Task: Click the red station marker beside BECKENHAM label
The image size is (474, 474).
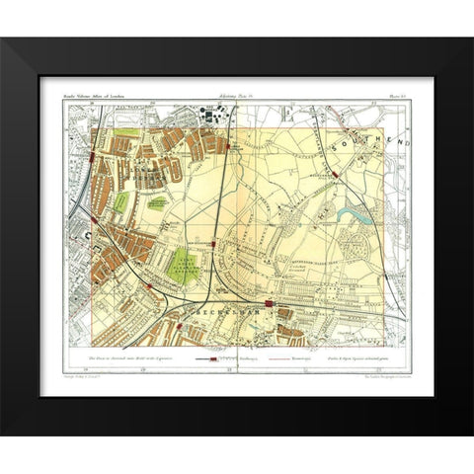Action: [269, 302]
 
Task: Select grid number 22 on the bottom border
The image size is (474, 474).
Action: [326, 371]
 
